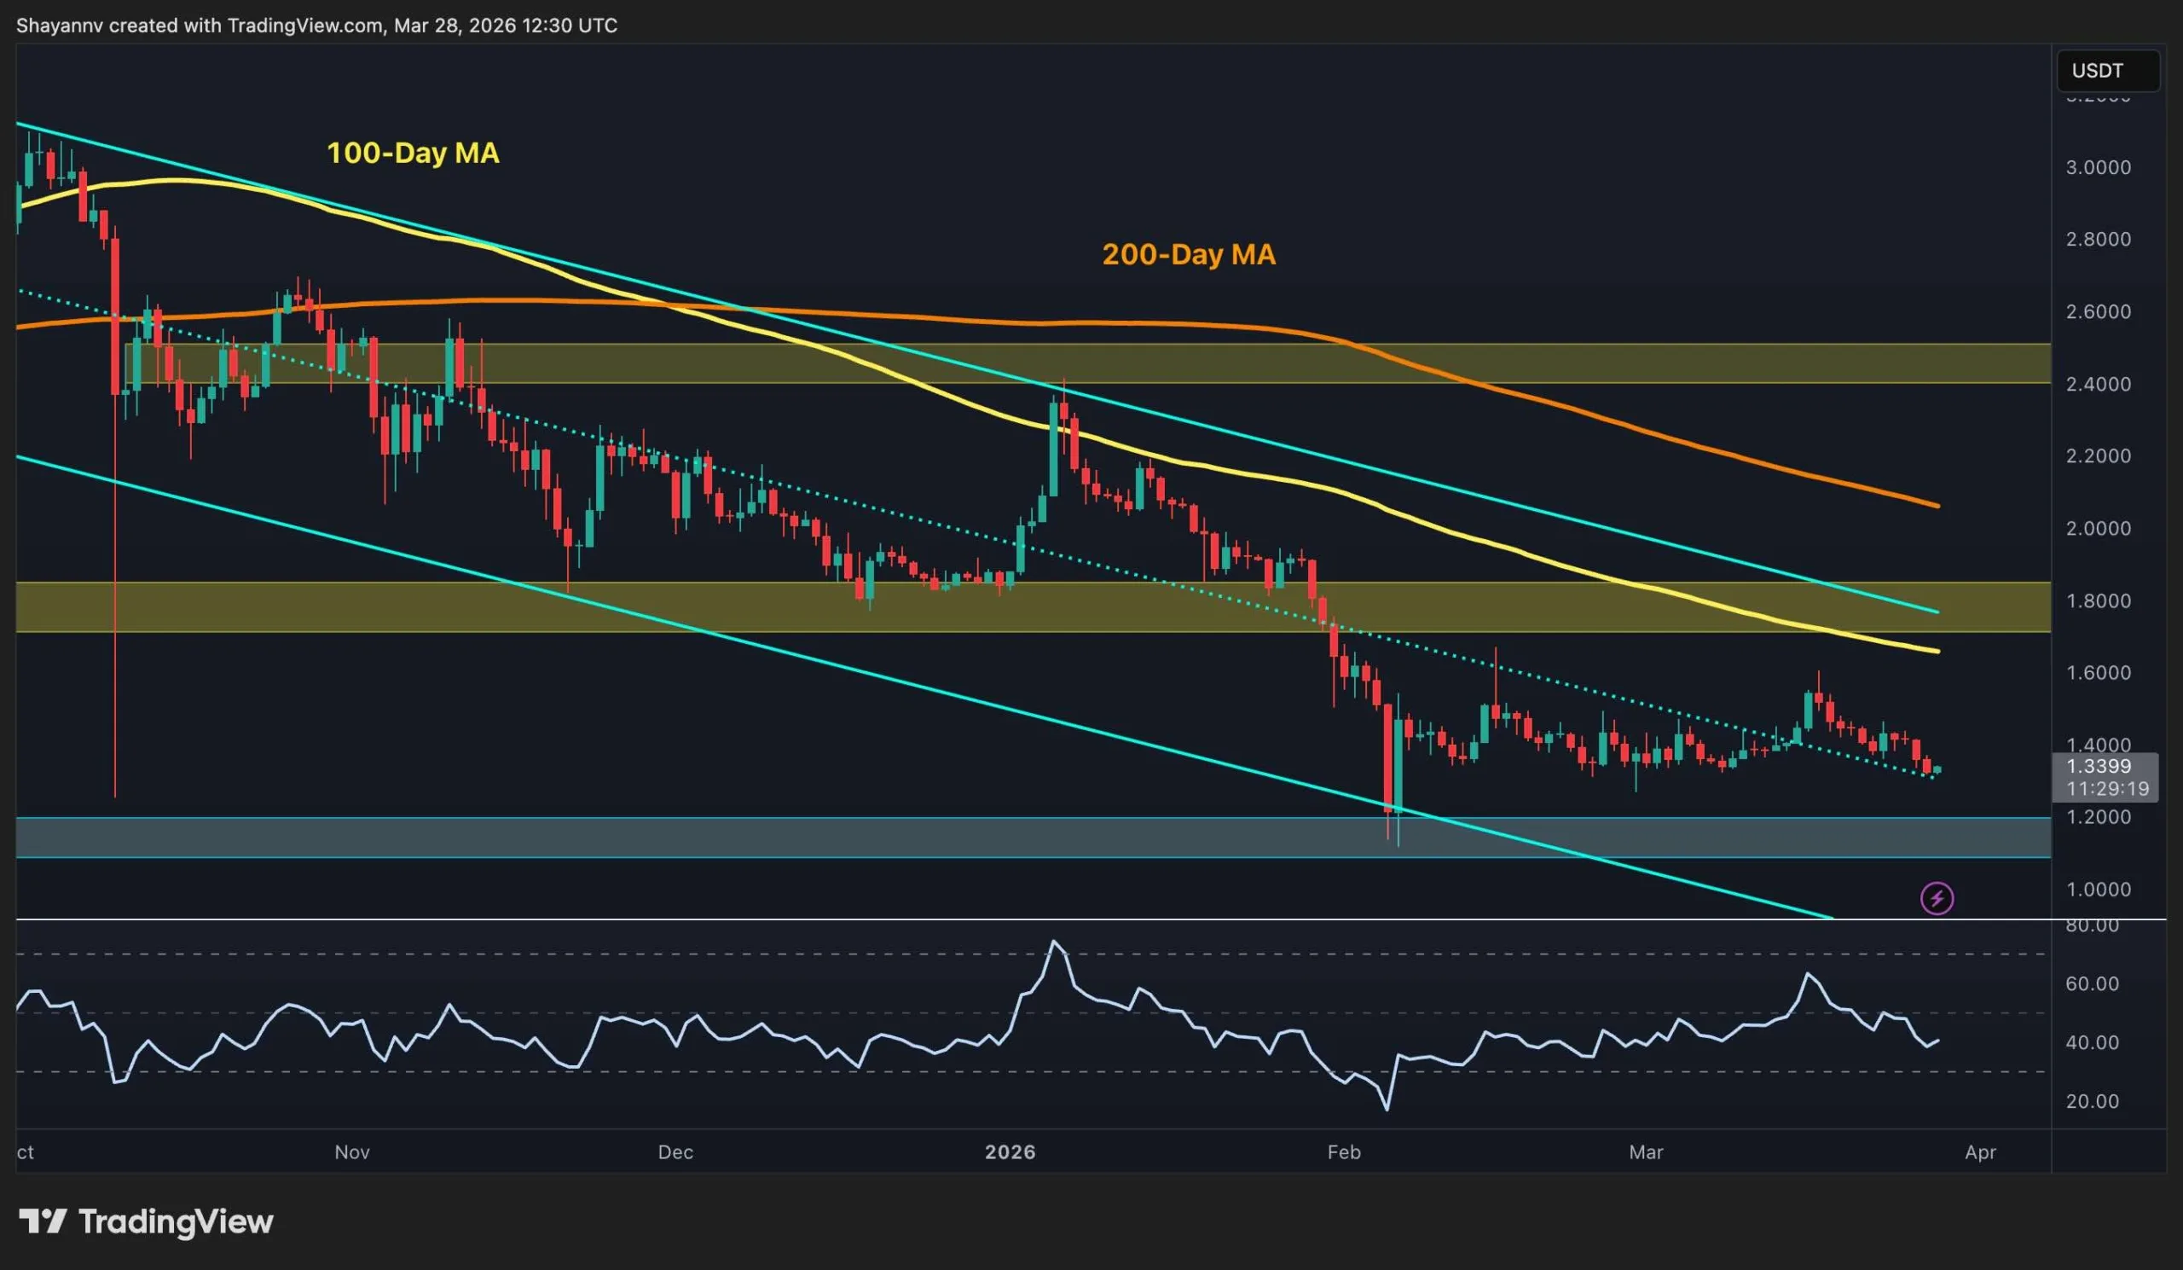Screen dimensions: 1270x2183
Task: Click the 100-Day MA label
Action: [x=413, y=154]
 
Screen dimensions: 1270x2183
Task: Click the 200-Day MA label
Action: [x=1189, y=255]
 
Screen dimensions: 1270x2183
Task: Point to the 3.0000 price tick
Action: [x=2098, y=168]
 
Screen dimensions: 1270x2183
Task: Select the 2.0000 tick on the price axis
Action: [x=2098, y=529]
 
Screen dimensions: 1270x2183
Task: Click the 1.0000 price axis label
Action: [x=2098, y=890]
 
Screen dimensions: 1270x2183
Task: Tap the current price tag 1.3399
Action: [x=2098, y=766]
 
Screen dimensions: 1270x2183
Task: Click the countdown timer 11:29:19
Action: [x=2107, y=788]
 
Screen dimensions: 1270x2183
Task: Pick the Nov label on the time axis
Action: [x=351, y=1152]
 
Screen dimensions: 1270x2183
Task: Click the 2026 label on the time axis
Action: [x=1010, y=1152]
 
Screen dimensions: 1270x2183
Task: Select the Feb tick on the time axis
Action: [x=1344, y=1152]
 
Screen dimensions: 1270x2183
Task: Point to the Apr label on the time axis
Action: [x=1980, y=1152]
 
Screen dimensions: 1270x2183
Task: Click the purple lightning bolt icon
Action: [x=1937, y=898]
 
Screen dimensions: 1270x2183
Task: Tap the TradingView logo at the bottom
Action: [x=146, y=1222]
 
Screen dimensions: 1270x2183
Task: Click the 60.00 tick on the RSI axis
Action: [x=2092, y=984]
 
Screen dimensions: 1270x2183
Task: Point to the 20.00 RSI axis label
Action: [x=2092, y=1102]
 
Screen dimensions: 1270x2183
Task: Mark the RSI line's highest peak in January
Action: [x=1053, y=942]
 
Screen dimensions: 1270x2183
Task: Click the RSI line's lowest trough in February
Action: [x=1387, y=1109]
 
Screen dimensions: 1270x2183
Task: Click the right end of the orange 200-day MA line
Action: [x=1938, y=506]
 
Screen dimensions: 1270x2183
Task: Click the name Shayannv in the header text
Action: [x=59, y=26]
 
